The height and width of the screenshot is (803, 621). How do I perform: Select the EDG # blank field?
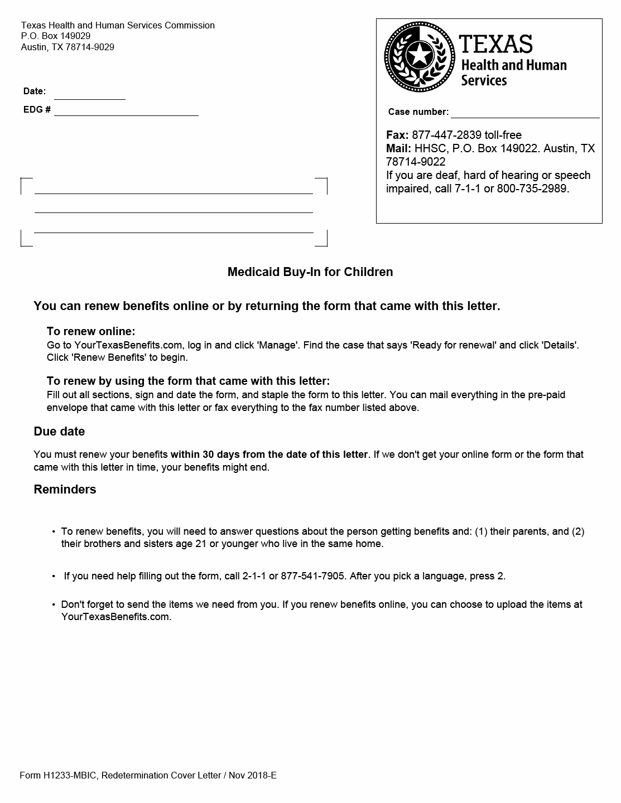pos(126,110)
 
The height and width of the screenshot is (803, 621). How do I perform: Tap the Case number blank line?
pos(524,113)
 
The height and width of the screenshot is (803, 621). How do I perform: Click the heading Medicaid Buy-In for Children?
pos(310,272)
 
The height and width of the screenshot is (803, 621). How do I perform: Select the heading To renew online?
pos(91,331)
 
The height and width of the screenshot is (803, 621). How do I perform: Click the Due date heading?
pos(59,432)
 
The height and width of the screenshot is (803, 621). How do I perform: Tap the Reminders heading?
pos(65,490)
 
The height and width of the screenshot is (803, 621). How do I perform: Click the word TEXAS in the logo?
pos(496,44)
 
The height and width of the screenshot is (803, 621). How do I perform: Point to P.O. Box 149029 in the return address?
pos(56,36)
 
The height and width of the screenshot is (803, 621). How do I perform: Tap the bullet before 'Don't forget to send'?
pos(54,604)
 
